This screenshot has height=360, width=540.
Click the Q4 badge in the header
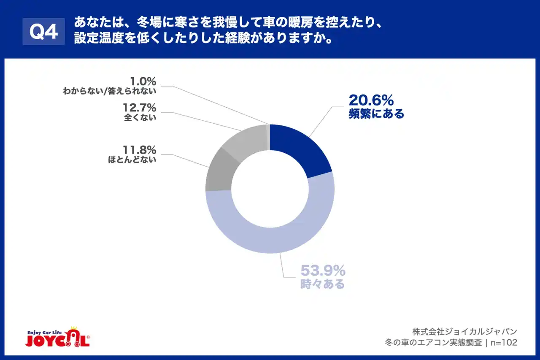point(43,32)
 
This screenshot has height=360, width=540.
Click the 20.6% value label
point(371,100)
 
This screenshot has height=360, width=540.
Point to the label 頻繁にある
point(376,114)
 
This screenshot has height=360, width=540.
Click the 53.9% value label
point(323,270)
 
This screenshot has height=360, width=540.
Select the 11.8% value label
point(140,150)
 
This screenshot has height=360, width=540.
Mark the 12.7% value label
point(140,108)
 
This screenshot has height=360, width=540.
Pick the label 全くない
point(140,118)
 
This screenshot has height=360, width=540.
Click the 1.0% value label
point(143,80)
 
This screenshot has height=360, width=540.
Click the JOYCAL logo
point(57,340)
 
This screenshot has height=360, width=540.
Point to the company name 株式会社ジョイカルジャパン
point(464,331)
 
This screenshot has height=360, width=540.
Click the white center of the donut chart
point(270,189)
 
